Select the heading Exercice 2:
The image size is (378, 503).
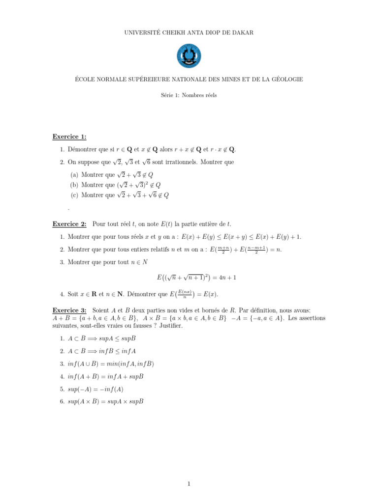click(69, 224)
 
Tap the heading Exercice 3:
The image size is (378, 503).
click(69, 310)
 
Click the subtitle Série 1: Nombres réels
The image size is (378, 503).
click(189, 95)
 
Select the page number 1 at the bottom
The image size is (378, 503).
click(189, 484)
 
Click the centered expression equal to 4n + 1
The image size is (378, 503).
click(197, 278)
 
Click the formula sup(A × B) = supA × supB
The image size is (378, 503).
click(105, 401)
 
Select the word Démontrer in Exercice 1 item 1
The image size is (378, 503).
click(84, 149)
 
